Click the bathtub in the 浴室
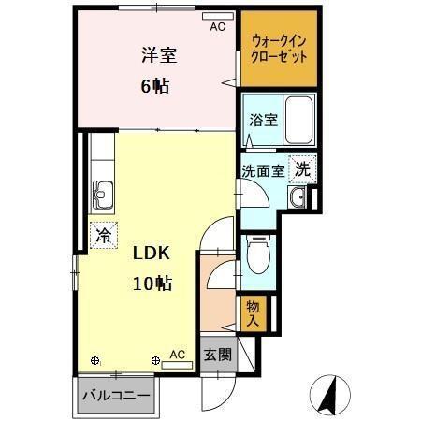[298, 117]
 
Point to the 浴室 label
[262, 120]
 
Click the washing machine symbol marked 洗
[301, 169]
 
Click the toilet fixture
[257, 251]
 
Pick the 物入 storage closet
[254, 312]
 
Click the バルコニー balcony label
[116, 396]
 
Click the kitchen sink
[102, 196]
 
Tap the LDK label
[150, 253]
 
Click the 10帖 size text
[150, 282]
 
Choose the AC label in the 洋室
[217, 27]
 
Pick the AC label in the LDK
[178, 355]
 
